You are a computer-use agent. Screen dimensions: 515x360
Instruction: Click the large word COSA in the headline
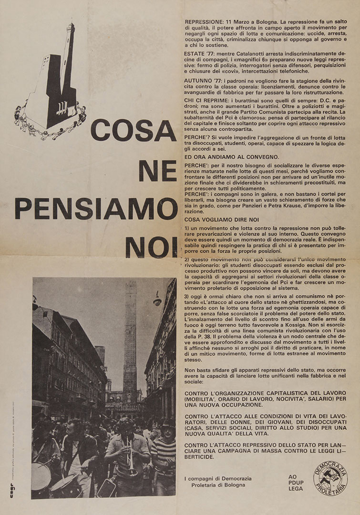coord(133,130)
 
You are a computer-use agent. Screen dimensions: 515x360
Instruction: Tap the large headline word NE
coord(157,170)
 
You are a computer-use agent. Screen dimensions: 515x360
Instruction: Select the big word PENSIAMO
coord(96,208)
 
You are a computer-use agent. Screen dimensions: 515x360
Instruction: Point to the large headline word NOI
coord(150,247)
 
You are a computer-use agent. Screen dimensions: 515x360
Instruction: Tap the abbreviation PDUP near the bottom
coord(296,482)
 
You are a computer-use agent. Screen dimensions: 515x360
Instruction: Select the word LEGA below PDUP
coord(296,488)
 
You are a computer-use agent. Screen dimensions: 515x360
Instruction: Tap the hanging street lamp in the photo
coord(157,300)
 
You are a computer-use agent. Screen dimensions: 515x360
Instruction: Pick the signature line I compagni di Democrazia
coord(217,479)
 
